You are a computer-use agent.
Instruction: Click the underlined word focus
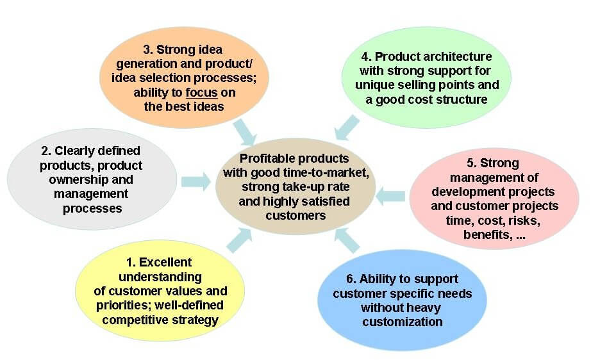click(202, 93)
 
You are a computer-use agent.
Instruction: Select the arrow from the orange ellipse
click(245, 132)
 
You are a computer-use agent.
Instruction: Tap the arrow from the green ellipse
click(347, 127)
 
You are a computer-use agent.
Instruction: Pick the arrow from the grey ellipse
click(196, 182)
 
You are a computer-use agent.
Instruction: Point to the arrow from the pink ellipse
click(390, 196)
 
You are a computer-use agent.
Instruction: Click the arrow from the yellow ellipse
click(239, 240)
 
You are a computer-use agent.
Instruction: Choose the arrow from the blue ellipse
click(347, 240)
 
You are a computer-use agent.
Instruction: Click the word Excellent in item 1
click(165, 263)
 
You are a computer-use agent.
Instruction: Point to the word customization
click(403, 322)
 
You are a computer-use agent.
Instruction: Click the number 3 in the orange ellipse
click(147, 50)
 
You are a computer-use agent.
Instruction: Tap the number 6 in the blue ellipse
click(351, 279)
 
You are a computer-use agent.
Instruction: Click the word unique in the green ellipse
click(372, 85)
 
